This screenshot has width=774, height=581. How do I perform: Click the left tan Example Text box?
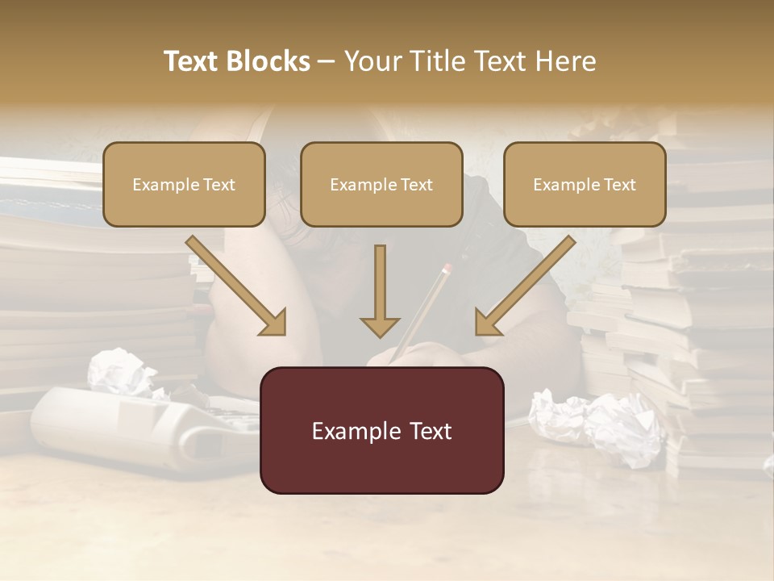184,184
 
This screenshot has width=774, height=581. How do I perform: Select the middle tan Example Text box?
381,184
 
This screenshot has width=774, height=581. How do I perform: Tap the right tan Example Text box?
585,184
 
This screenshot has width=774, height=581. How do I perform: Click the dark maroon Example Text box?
381,430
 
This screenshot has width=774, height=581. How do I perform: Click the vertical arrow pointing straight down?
380,290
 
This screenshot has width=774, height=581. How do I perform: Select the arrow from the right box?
524,286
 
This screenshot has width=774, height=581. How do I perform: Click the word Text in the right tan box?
618,184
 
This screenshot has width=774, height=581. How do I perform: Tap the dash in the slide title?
327,61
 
